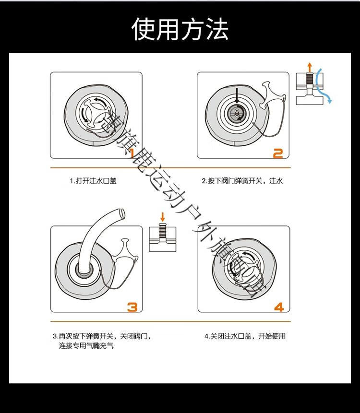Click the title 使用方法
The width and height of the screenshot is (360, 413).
[180, 29]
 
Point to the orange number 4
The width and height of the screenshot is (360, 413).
[278, 306]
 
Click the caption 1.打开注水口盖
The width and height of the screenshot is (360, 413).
[93, 181]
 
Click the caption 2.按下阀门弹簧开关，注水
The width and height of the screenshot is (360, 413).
[242, 181]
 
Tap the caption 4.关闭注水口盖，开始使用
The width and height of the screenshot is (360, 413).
[245, 336]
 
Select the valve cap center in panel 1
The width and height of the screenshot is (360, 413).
[95, 112]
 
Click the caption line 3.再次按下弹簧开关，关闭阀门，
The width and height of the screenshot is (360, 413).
[105, 336]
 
